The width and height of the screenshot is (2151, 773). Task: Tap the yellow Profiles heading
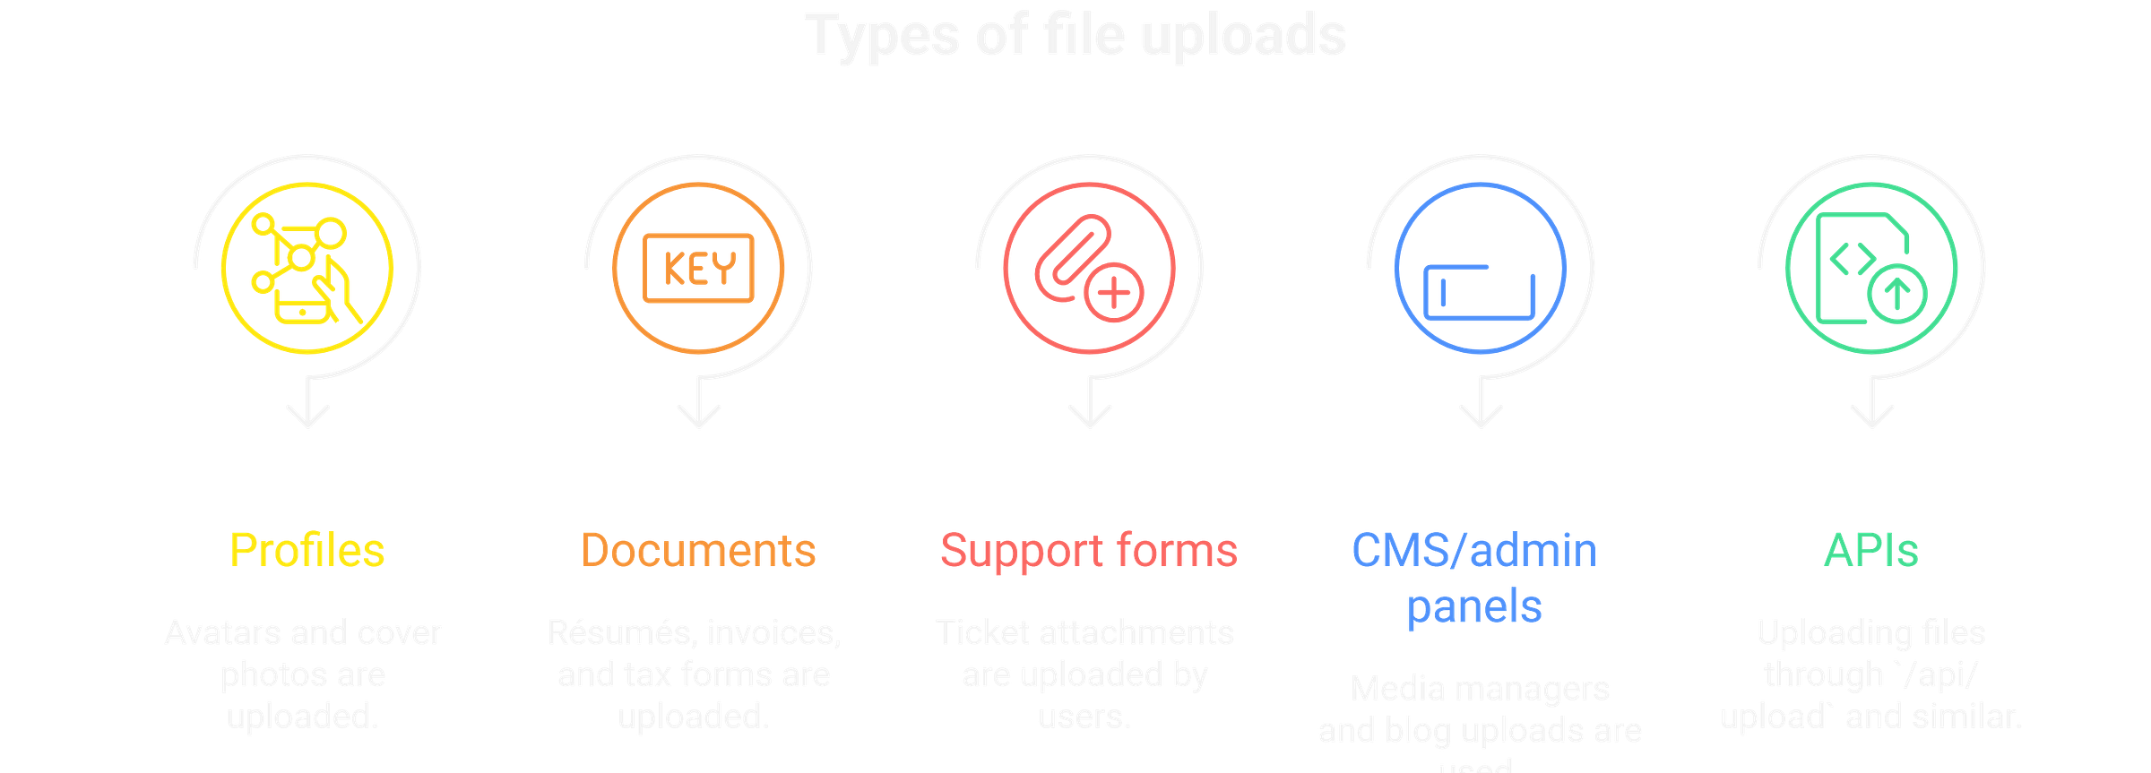pos(307,549)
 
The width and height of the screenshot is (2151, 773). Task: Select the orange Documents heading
pos(698,549)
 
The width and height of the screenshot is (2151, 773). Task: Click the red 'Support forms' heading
pos(1088,549)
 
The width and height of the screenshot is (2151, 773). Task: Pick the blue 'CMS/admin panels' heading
pos(1474,578)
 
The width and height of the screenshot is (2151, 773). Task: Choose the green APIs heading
pos(1871,549)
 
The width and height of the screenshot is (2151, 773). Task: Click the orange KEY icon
pos(699,268)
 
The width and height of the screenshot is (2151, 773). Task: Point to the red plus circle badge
pos(1113,293)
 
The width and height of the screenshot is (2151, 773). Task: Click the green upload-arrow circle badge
pos(1896,293)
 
